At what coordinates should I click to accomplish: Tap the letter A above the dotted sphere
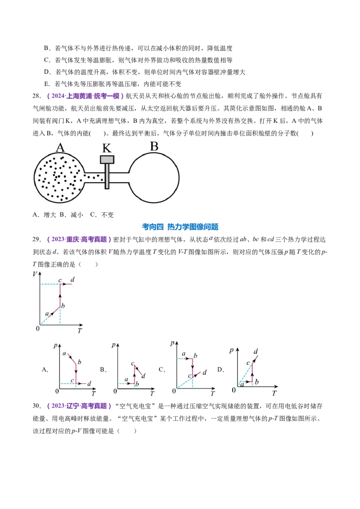coord(60,147)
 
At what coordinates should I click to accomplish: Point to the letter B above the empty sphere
coord(154,147)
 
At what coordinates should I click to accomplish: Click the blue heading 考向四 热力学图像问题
coord(180,227)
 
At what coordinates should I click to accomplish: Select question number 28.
coord(37,96)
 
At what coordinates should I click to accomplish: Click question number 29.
coord(37,240)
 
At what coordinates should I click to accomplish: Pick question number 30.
coord(37,406)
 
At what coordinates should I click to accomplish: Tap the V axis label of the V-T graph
coord(35,274)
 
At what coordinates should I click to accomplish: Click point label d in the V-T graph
coord(72,280)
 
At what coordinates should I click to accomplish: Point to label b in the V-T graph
coord(63,306)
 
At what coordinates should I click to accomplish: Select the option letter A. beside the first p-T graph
coord(45,370)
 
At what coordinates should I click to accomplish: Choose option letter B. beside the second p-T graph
coord(103,370)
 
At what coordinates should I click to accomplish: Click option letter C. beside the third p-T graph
coord(162,370)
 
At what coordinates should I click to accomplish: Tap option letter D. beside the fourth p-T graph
coord(220,370)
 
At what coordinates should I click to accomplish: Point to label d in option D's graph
coord(256,352)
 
